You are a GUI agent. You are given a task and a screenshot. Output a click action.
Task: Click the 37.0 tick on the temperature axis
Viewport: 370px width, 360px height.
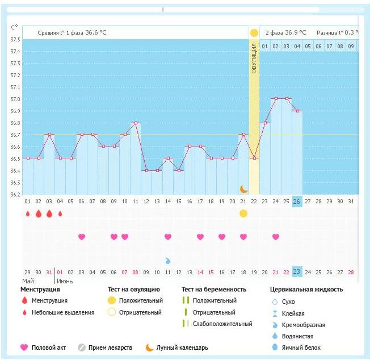(x=15, y=99)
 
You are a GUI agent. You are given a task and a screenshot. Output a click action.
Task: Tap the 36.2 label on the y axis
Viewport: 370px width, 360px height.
(x=15, y=195)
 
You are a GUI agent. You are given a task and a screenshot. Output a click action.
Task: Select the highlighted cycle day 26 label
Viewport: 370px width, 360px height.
(x=297, y=202)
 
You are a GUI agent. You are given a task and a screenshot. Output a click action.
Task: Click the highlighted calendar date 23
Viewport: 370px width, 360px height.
(x=297, y=271)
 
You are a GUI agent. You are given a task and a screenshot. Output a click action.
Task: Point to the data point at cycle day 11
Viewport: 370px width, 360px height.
(x=135, y=123)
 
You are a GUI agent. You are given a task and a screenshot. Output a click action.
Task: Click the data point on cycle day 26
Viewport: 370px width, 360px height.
(x=297, y=111)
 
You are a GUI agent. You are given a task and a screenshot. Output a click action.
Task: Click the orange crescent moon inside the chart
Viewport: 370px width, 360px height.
(x=243, y=189)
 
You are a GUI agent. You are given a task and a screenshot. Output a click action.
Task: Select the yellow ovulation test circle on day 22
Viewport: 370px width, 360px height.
(x=243, y=214)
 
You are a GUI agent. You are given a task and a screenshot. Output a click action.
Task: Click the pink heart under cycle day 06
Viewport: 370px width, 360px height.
(x=81, y=237)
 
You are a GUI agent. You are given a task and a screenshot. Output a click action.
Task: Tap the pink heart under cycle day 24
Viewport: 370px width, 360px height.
(x=276, y=237)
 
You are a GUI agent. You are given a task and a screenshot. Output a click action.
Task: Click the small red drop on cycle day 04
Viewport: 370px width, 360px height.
(x=60, y=214)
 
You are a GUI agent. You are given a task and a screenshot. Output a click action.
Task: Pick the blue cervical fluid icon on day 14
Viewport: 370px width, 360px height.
(x=168, y=260)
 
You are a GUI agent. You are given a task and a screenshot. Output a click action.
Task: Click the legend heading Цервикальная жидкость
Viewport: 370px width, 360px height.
(x=306, y=289)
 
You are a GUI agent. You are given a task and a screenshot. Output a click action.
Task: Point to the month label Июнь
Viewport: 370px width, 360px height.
(x=65, y=281)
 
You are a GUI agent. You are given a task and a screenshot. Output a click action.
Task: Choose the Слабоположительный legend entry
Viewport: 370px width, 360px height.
(x=222, y=324)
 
